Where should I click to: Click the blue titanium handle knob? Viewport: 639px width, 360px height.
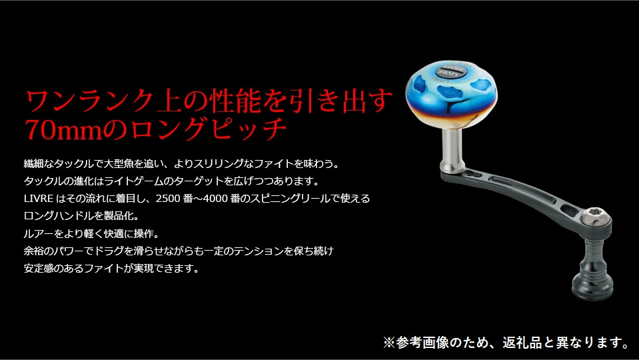click(451, 94)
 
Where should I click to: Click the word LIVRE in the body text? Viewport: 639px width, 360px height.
click(39, 199)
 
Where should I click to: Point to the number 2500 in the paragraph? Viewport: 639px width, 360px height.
click(168, 199)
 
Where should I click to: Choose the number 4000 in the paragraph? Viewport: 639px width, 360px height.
click(215, 199)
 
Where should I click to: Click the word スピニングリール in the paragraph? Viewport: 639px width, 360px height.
click(290, 199)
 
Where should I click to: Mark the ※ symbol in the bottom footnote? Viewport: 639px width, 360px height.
click(389, 342)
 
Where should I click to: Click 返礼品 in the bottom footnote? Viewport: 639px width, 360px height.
click(522, 342)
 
